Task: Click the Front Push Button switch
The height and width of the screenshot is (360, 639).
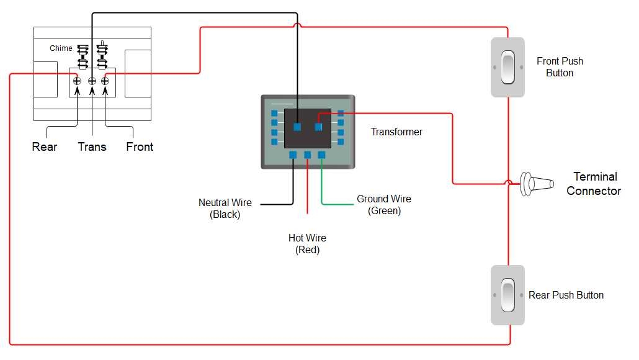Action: tap(507, 67)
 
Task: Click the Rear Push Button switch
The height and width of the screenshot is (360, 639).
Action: tap(507, 295)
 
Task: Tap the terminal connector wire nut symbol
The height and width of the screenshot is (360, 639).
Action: tap(537, 184)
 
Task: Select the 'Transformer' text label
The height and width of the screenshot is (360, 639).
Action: tap(396, 132)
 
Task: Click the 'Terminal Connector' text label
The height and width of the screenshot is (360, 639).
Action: tap(593, 184)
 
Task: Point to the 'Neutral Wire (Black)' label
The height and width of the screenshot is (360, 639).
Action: tap(225, 209)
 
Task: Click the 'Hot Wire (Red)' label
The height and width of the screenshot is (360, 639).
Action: tap(307, 244)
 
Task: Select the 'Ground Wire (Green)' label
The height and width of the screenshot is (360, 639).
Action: tap(384, 205)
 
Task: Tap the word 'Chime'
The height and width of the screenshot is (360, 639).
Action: tap(61, 48)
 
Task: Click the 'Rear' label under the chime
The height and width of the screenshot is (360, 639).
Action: tap(45, 147)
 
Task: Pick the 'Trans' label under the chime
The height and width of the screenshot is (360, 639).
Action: tap(92, 147)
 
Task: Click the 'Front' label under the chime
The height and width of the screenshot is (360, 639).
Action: tap(140, 147)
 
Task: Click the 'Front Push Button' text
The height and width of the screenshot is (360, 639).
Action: tap(560, 67)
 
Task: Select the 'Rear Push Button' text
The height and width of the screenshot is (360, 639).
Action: tap(566, 295)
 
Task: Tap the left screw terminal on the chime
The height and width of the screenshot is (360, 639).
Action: tap(77, 81)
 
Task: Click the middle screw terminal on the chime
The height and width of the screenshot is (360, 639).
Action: tap(92, 81)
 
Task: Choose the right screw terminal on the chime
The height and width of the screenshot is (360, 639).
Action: tap(105, 81)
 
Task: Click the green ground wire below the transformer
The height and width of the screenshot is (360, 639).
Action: tap(322, 186)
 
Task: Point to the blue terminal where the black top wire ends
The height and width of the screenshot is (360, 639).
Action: tap(297, 127)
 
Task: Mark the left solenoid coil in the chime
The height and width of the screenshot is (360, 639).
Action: tap(82, 56)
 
